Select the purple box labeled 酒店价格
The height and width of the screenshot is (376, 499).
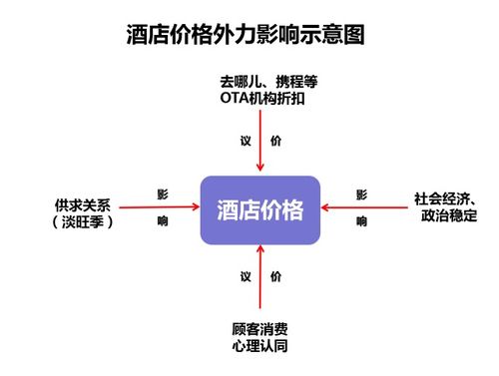point(259,210)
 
